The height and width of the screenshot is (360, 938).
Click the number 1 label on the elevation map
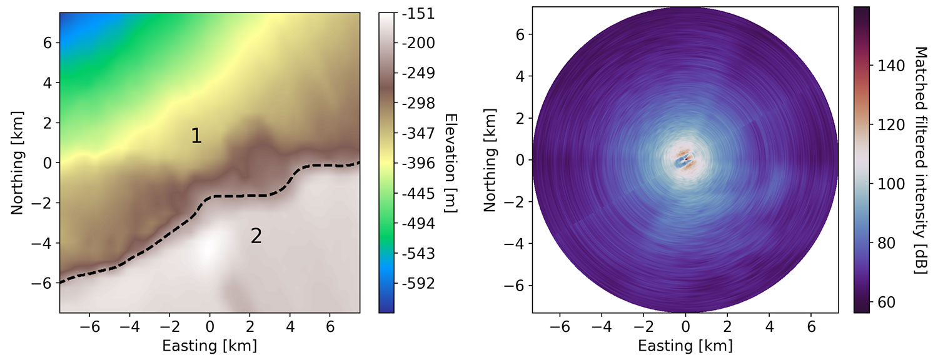(196, 136)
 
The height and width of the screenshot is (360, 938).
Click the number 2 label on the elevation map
(256, 236)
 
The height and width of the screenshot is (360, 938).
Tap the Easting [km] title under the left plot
(209, 346)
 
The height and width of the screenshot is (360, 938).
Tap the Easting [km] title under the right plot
(685, 346)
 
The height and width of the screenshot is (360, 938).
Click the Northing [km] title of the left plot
(17, 162)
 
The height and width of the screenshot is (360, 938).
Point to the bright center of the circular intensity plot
(685, 160)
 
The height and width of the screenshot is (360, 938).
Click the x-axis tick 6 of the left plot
(330, 327)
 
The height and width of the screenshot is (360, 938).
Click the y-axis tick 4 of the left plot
(48, 82)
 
